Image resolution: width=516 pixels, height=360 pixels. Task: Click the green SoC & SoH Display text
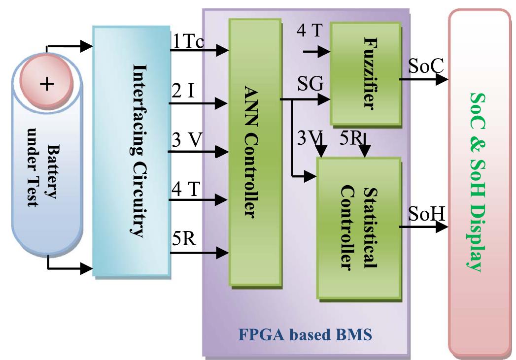[x=477, y=182]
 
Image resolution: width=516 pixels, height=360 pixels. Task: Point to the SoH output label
[x=426, y=215]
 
